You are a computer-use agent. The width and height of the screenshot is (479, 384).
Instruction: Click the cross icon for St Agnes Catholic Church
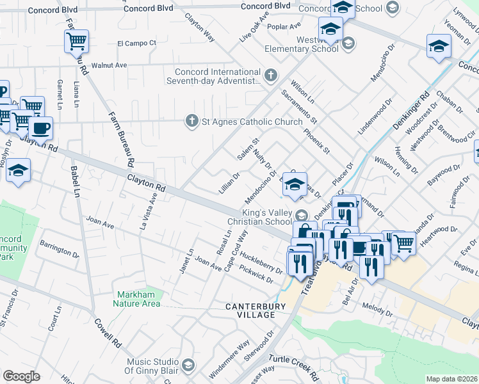(191, 121)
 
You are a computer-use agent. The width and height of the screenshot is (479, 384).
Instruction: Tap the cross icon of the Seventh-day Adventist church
(271, 76)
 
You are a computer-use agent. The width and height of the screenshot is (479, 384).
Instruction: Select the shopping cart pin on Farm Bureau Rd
(76, 42)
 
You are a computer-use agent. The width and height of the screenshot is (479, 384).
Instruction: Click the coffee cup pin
(41, 127)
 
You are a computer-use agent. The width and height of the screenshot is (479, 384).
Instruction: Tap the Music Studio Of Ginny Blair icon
(188, 365)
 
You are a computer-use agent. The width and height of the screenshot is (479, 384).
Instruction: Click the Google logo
(21, 376)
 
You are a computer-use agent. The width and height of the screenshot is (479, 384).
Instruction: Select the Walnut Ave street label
(110, 65)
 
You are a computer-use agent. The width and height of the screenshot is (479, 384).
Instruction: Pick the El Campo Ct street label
(136, 44)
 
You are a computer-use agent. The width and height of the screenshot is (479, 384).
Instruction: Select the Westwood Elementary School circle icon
(348, 44)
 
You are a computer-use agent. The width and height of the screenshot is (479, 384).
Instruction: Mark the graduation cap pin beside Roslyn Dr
(19, 171)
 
